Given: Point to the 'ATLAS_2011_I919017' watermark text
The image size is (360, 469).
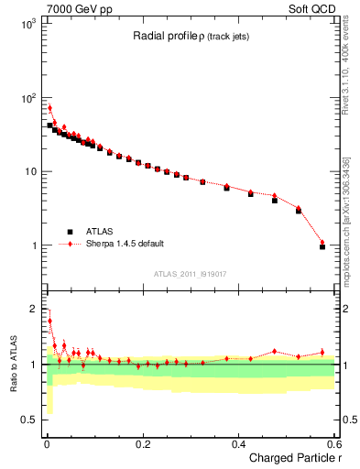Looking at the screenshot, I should pos(189,273).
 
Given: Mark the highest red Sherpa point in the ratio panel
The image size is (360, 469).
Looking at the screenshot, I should pos(49,321).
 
